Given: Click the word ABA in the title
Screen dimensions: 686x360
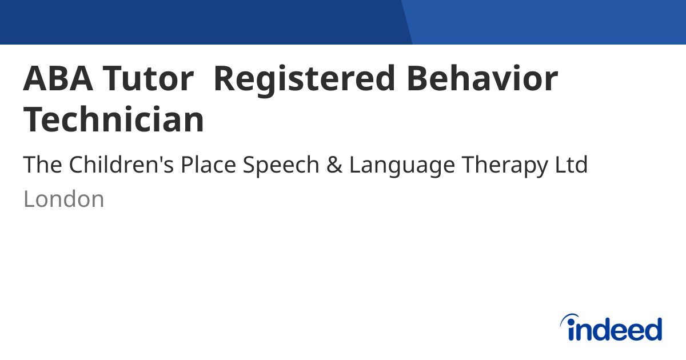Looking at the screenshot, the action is (x=58, y=78).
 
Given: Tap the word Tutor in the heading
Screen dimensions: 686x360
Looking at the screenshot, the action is (x=148, y=78).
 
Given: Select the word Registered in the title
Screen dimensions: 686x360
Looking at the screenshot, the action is (x=304, y=80).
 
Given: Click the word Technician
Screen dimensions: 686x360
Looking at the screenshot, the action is (x=114, y=119).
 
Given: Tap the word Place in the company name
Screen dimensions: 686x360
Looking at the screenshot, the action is (x=208, y=165).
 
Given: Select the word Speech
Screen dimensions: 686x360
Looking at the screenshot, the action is (x=281, y=166).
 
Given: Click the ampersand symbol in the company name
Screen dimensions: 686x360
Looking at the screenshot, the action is (x=334, y=165).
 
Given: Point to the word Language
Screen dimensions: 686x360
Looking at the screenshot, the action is (x=402, y=166).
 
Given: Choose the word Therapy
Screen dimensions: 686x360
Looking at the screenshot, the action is (x=505, y=166).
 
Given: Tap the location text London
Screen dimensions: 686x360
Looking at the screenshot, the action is (x=63, y=199).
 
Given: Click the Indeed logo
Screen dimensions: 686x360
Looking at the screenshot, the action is (x=611, y=327).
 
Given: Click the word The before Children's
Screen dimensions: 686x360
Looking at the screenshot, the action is (x=42, y=165).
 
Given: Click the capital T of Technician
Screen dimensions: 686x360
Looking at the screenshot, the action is (x=33, y=119).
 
